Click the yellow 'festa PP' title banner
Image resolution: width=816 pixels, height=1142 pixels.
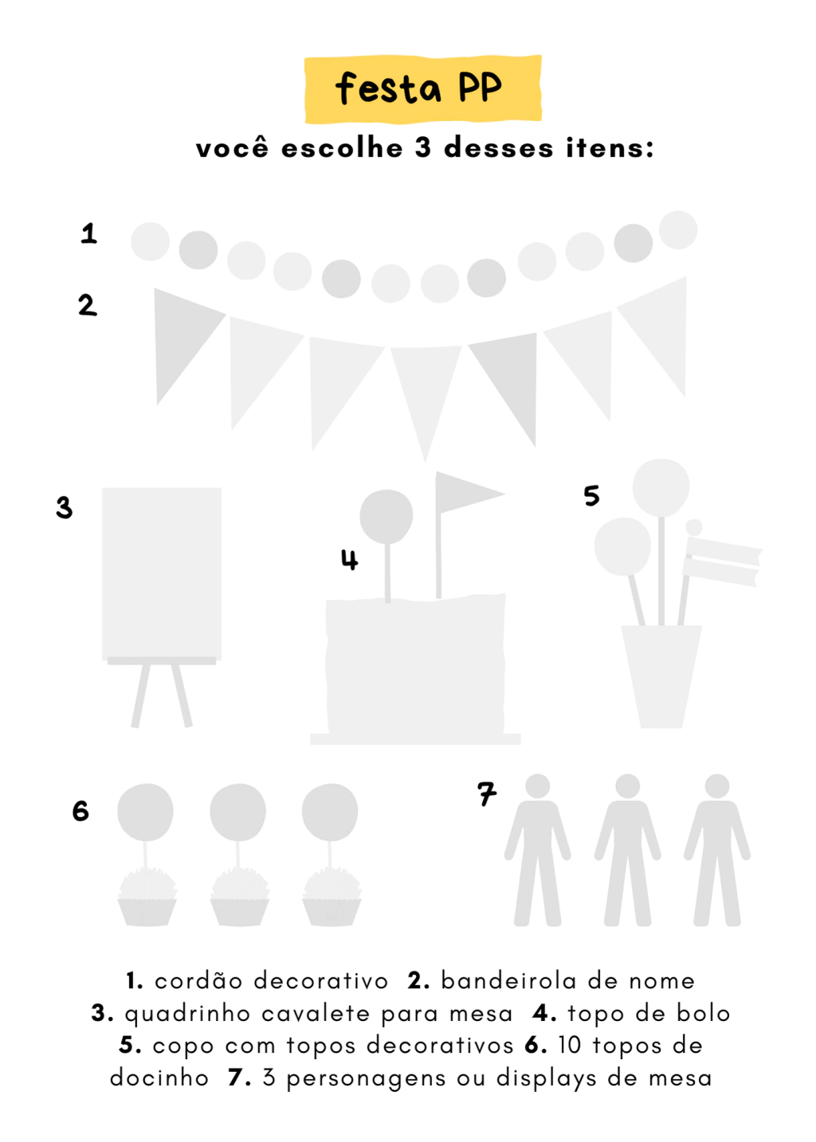tap(423, 88)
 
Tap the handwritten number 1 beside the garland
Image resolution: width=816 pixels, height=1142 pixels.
tap(88, 233)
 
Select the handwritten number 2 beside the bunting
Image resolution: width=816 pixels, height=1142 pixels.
tap(88, 305)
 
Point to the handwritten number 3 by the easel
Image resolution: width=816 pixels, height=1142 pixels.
tap(65, 507)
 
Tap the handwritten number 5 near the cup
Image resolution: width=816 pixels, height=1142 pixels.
tap(591, 495)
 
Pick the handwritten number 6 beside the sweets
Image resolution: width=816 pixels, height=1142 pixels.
tap(80, 811)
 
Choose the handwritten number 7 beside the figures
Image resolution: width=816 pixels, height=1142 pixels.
tap(487, 794)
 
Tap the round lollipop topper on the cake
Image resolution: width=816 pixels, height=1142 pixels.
tap(386, 517)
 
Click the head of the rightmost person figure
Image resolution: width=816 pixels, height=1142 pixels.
tap(717, 786)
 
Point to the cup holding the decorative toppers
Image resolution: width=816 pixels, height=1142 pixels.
tap(661, 677)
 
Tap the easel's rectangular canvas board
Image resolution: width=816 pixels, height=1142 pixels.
tap(162, 574)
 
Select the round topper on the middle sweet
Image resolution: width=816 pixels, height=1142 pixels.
tap(237, 812)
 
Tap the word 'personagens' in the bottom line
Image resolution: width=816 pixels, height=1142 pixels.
tap(366, 1078)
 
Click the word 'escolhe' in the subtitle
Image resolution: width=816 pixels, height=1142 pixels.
tap(342, 148)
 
